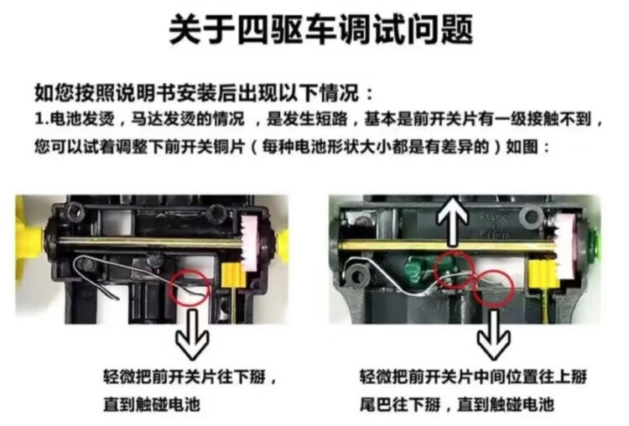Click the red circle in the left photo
(x=190, y=288)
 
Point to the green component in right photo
(x=416, y=270)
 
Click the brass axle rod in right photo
(x=444, y=247)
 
